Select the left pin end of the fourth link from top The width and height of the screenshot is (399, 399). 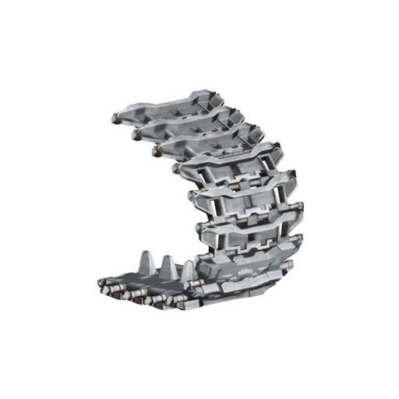click(x=177, y=167)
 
